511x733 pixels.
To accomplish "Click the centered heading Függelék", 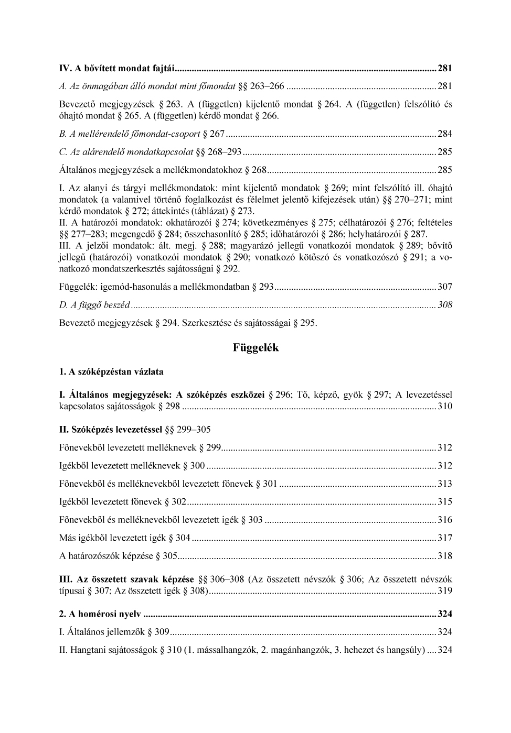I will tap(256, 348).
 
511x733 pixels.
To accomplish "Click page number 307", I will tap(445, 287).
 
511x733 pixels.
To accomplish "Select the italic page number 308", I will tap(445, 305).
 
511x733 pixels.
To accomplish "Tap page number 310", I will tap(445, 406).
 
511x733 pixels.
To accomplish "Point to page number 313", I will tap(445, 484).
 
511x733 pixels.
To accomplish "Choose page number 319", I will tap(445, 591).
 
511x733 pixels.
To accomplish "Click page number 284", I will tap(445, 134).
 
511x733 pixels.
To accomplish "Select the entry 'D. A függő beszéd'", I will tap(94, 305).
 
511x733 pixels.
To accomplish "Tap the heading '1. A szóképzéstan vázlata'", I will tap(111, 372).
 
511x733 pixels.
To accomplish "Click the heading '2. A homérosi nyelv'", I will tap(101, 614).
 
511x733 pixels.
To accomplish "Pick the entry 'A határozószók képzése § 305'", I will tap(119, 556).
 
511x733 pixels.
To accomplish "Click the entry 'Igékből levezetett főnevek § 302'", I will tap(123, 501).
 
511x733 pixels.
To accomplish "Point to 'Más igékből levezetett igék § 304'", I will tap(125, 538).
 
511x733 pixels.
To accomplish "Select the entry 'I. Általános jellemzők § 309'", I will tap(114, 632).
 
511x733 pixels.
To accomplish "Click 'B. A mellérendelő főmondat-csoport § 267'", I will tap(142, 134).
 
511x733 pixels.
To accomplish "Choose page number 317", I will tap(445, 538).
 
